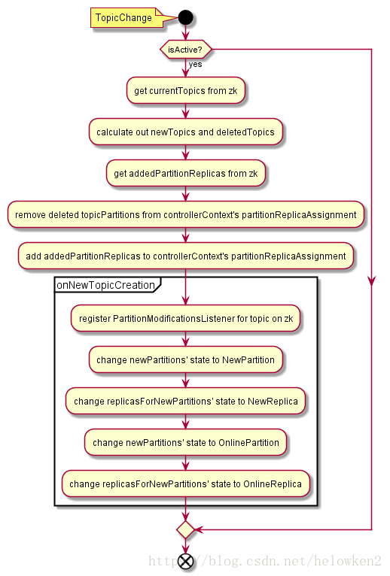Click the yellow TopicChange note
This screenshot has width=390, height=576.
[x=127, y=17]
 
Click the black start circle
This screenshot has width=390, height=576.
[x=185, y=17]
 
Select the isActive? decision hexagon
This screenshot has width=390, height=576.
[x=186, y=50]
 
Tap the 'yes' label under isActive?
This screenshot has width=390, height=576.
[x=195, y=64]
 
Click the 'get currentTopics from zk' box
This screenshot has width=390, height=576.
[x=186, y=90]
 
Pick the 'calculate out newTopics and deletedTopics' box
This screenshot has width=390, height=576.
[x=186, y=132]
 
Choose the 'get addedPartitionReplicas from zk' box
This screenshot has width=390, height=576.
[x=186, y=174]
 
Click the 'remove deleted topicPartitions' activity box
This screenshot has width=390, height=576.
[x=186, y=214]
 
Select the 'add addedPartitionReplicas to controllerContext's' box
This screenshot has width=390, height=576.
[x=186, y=256]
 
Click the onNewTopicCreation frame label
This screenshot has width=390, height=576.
[x=106, y=285]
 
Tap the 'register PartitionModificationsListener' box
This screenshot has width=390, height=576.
[x=186, y=319]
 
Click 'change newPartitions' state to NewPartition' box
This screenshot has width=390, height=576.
[x=186, y=359]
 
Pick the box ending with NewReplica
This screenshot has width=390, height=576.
[x=186, y=401]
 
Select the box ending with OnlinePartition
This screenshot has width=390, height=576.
[x=186, y=442]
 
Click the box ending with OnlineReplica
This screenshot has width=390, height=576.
[x=186, y=484]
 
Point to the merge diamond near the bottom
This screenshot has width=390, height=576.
[x=185, y=529]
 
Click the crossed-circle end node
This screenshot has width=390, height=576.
[x=185, y=561]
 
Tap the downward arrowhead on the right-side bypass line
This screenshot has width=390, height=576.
[x=372, y=281]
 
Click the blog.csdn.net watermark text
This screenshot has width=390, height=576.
[x=265, y=561]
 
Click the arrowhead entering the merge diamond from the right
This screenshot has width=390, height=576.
[x=199, y=529]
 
